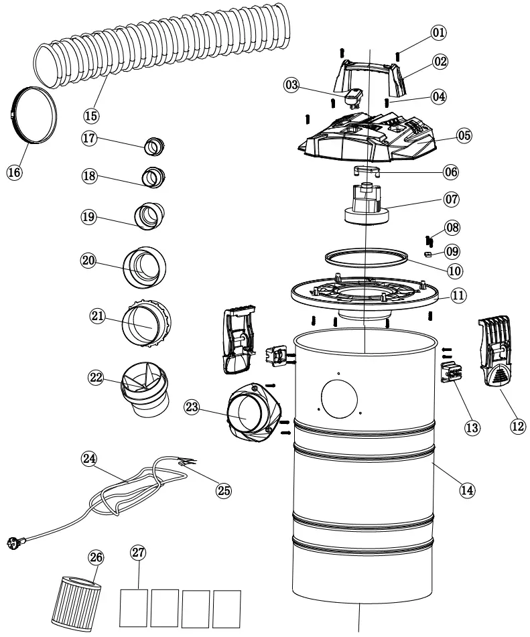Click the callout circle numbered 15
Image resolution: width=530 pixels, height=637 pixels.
point(91,115)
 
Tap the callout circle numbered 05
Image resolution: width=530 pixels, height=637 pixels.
point(464,135)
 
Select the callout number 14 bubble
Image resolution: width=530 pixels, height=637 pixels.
point(467,489)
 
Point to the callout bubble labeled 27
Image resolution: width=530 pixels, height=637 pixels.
point(138,553)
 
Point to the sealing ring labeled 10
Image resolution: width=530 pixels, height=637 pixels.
point(366,258)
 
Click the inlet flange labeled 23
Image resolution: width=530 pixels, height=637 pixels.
point(249,416)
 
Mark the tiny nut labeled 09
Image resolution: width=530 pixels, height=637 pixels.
point(427,255)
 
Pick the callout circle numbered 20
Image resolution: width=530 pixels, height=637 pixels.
point(88,261)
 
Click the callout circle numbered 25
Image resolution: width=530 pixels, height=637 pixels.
point(223,490)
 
